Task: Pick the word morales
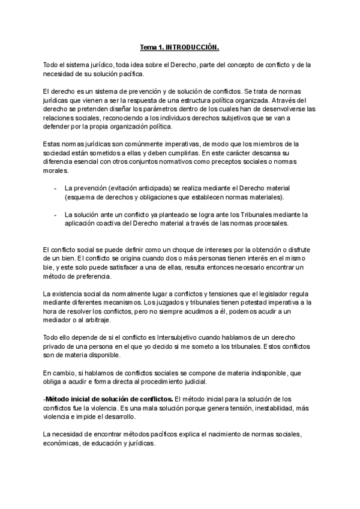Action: click(x=58, y=171)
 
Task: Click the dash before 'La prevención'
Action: click(x=56, y=188)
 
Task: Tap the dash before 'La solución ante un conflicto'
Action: click(x=56, y=214)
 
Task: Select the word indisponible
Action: click(x=262, y=373)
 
